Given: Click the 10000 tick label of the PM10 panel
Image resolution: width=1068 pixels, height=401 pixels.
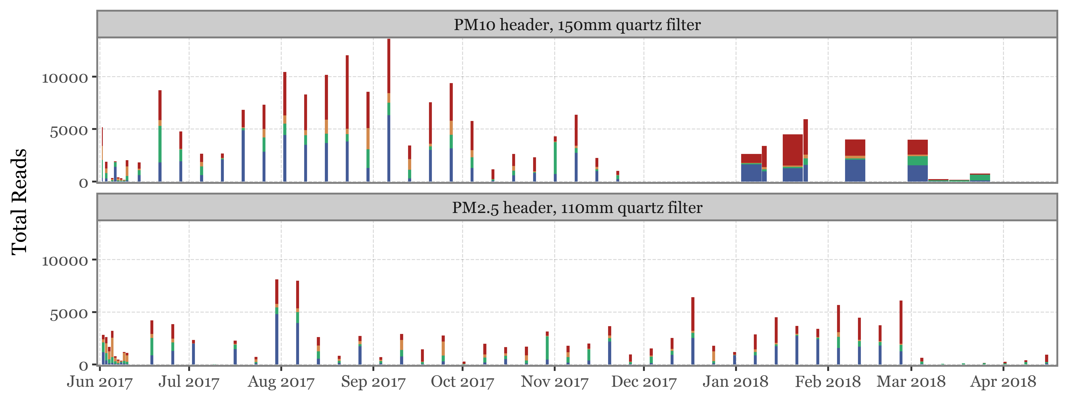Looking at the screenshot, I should tap(65, 78).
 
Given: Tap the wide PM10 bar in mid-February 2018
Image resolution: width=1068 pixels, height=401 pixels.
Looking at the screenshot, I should tap(855, 162).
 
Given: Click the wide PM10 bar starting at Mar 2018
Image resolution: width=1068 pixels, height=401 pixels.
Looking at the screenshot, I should tap(918, 162).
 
